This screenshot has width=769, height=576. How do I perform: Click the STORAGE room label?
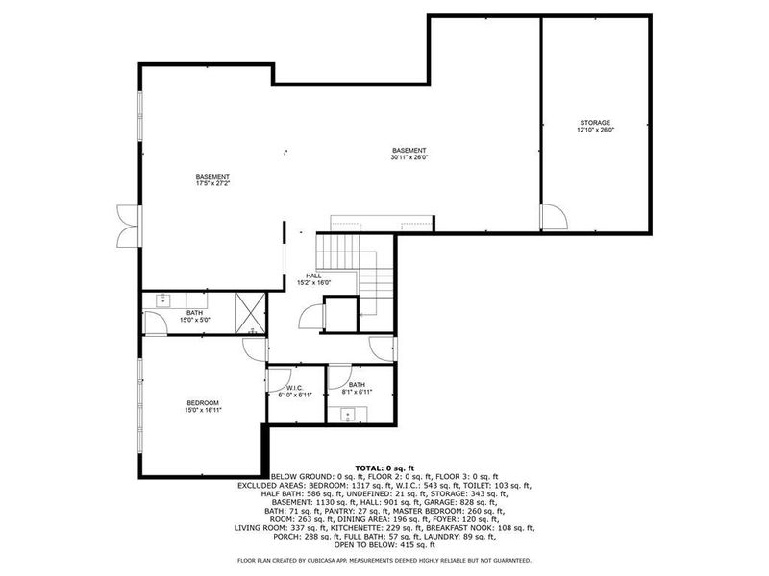[594, 123]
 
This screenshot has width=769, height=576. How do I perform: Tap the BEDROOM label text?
[203, 402]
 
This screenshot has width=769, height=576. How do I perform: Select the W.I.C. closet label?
[294, 387]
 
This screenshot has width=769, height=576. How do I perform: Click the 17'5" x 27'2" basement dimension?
[212, 183]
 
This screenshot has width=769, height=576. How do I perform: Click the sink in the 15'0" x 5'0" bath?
[162, 300]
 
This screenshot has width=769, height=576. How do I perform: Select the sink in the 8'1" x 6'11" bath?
[348, 416]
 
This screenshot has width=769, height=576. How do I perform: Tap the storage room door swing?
[553, 217]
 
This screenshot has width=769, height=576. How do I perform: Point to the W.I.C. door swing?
[280, 377]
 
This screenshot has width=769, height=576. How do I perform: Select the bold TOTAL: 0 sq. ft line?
[384, 468]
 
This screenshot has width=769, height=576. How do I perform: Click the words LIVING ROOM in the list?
[260, 528]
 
